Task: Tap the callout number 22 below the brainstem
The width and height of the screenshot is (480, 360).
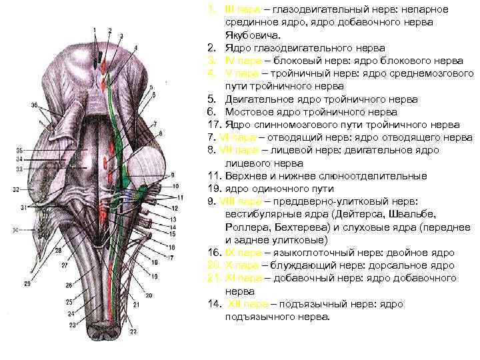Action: (x=133, y=331)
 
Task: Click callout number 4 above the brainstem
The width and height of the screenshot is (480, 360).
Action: (x=135, y=48)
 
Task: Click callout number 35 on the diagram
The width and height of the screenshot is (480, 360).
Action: (x=19, y=151)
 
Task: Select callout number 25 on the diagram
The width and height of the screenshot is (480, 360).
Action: (x=69, y=302)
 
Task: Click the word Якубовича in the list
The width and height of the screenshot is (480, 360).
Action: (x=250, y=35)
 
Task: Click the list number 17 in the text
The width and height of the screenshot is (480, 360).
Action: (x=213, y=125)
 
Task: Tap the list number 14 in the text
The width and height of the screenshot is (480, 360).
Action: (x=213, y=304)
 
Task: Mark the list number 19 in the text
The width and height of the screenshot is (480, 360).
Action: (x=213, y=189)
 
